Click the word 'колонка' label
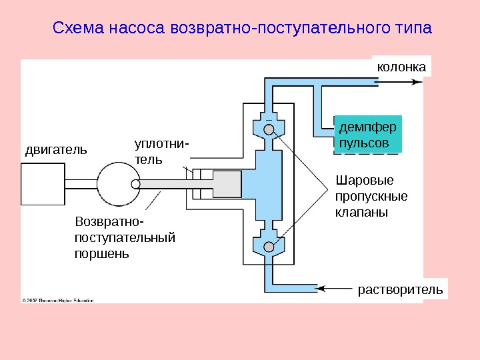coord(401,67)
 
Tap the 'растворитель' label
coord(400,290)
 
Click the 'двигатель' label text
coord(56,149)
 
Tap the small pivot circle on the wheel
coord(136,184)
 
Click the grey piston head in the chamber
coord(227,184)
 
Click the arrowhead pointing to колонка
coord(418,82)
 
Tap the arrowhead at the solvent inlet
coord(319,288)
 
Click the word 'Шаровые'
coord(365,181)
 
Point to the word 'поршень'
coord(102,253)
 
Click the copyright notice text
coord(59,300)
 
